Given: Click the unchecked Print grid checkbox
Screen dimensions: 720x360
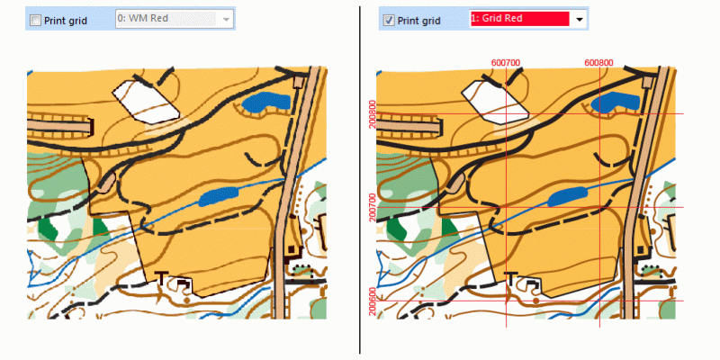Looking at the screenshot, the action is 35,20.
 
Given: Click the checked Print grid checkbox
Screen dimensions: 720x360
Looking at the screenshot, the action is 389,20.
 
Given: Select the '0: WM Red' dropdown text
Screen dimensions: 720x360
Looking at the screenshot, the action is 143,19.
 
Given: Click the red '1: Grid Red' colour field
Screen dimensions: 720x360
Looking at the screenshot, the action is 520,19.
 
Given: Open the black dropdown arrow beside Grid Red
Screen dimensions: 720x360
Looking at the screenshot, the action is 579,20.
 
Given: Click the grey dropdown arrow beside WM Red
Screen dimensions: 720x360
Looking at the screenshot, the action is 226,20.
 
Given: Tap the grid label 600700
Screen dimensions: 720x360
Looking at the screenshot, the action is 506,62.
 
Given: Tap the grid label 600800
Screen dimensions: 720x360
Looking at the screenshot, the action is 599,62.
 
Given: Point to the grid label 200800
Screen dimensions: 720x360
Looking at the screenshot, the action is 373,114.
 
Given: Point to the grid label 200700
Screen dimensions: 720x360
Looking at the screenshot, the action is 373,208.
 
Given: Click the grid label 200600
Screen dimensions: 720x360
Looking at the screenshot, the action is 373,301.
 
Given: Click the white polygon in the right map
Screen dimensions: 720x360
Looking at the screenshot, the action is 493,102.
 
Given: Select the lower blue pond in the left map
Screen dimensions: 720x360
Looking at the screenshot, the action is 218,196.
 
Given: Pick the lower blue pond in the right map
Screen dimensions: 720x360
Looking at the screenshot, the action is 568,196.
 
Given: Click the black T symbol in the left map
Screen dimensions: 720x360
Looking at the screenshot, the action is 161,277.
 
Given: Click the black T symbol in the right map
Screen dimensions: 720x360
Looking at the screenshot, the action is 510,277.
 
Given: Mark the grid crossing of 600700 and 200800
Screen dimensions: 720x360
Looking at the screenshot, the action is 506,114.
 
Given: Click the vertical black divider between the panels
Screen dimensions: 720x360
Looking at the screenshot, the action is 359,180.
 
